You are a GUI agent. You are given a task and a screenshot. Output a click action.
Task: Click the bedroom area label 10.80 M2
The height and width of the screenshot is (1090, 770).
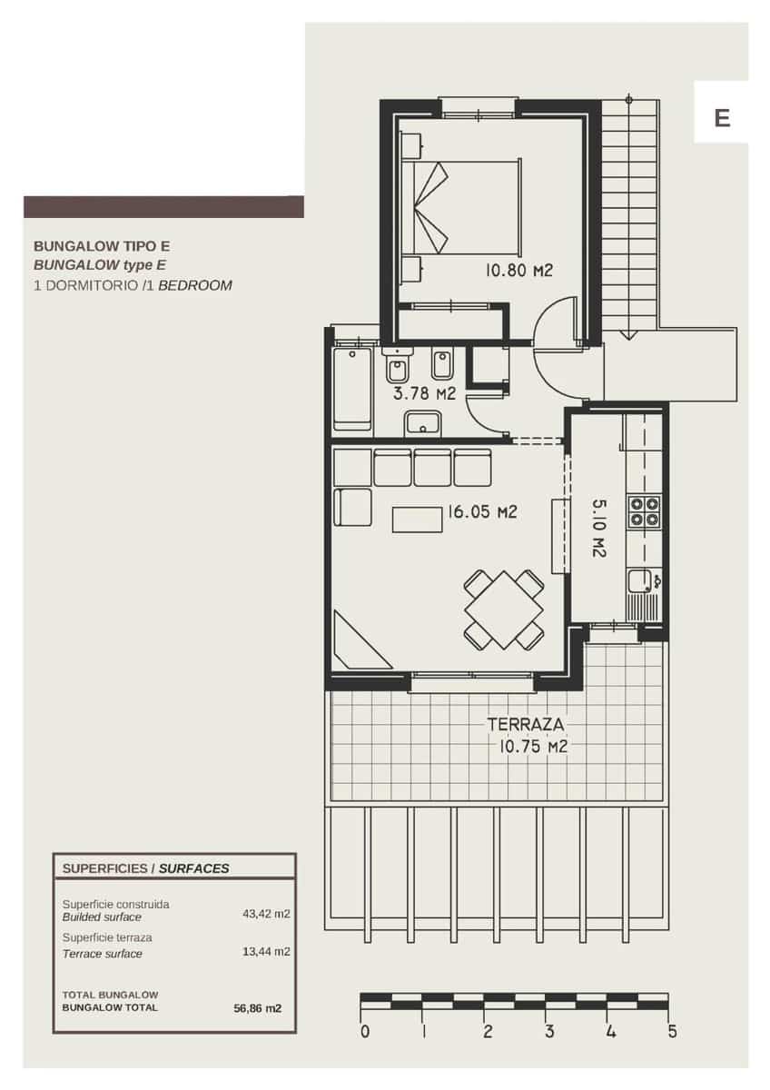518,270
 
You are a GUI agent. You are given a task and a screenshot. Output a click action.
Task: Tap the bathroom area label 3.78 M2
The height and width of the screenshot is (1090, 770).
424,394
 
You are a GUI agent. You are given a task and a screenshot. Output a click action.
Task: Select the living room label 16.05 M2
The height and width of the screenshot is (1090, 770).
481,512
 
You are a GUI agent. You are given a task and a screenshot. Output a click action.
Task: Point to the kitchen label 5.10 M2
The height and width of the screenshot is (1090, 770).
600,527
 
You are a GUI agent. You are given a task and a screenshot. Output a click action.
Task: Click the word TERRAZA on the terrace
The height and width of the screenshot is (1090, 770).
526,725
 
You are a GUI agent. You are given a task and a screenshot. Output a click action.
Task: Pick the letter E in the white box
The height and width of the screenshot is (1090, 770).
722,118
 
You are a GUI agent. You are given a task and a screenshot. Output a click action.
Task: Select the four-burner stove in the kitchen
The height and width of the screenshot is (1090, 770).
645,511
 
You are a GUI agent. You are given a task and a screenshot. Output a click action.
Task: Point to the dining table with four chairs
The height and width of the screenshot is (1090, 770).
503,609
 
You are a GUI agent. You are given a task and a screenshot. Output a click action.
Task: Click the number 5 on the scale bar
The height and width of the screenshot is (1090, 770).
672,1032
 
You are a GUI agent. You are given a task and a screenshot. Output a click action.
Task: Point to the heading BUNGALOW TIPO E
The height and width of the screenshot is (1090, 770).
102,245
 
